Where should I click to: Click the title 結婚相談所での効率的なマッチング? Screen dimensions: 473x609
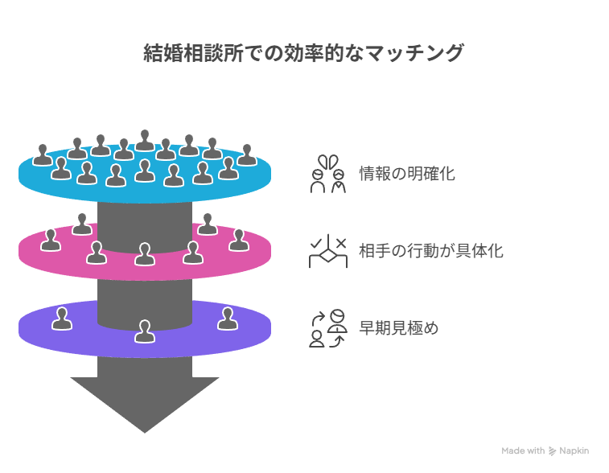point(304,54)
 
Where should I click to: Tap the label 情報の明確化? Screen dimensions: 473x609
point(406,173)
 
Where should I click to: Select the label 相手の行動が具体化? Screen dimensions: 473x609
point(430,251)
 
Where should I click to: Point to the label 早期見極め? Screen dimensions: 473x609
point(398,328)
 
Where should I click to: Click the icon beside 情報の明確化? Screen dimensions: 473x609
point(328,174)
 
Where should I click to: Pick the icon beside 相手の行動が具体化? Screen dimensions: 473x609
point(328,251)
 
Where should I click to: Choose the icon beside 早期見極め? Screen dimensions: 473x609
point(328,328)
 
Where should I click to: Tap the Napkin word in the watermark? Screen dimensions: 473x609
point(574,451)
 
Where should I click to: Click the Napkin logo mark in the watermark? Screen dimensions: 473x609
point(553,451)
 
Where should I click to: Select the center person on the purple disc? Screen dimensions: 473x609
point(145,331)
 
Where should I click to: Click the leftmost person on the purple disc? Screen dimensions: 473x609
point(62,319)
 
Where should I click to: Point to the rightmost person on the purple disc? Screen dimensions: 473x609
point(227,319)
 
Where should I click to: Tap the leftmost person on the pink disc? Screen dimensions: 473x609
point(51,239)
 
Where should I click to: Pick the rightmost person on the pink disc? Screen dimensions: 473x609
point(239,239)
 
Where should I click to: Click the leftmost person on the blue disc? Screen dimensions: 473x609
point(43,154)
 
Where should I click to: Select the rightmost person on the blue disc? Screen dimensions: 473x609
point(247,154)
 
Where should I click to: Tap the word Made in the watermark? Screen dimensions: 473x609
point(513,451)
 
